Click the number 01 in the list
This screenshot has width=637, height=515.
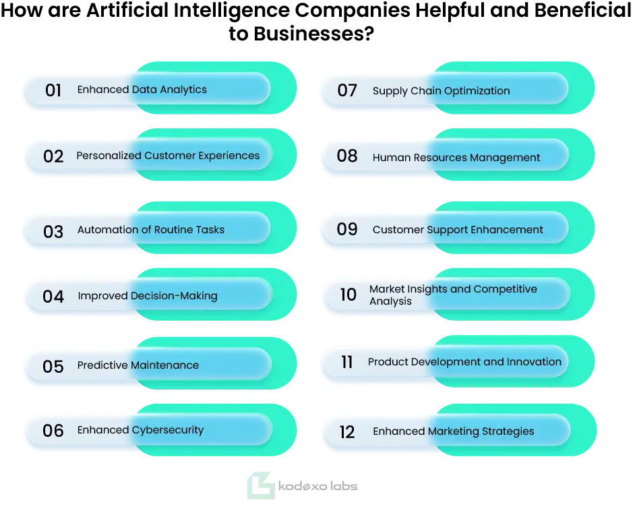tap(53, 90)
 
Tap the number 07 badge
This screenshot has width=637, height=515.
tap(347, 90)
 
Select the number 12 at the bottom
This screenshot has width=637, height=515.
tap(347, 432)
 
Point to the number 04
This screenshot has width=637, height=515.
tap(53, 297)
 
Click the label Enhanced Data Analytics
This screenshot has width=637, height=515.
tap(142, 90)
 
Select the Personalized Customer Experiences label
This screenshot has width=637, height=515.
tap(168, 156)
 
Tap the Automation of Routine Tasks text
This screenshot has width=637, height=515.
tap(151, 229)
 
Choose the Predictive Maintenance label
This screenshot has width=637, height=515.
tap(138, 365)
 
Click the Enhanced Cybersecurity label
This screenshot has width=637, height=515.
tap(141, 430)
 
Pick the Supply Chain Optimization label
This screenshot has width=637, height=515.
tap(442, 91)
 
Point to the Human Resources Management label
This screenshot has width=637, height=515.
tap(456, 158)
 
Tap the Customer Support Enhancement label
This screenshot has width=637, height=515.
tap(458, 230)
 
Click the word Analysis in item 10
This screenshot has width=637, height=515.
tap(390, 301)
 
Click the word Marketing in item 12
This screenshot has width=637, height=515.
tap(454, 431)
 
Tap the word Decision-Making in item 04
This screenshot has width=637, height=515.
tap(174, 296)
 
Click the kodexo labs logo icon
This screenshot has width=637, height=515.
tap(260, 485)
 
